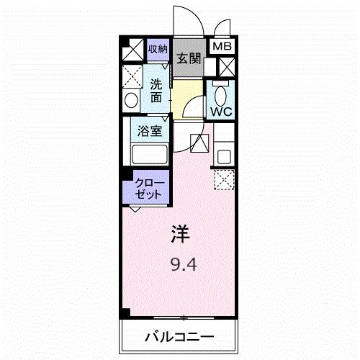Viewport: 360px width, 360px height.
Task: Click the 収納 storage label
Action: tap(157, 50)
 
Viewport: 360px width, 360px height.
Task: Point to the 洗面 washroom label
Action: tap(156, 90)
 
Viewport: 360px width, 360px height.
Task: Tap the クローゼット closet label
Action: tap(150, 189)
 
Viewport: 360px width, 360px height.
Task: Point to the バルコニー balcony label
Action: tap(178, 336)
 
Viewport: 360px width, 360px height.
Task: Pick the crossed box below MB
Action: tap(225, 68)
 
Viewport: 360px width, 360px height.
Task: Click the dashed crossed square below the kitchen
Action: tap(224, 179)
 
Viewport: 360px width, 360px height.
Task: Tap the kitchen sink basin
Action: tap(224, 154)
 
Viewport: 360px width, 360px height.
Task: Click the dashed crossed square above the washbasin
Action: tap(132, 76)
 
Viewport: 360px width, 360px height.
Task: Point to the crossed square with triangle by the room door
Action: tap(199, 143)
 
